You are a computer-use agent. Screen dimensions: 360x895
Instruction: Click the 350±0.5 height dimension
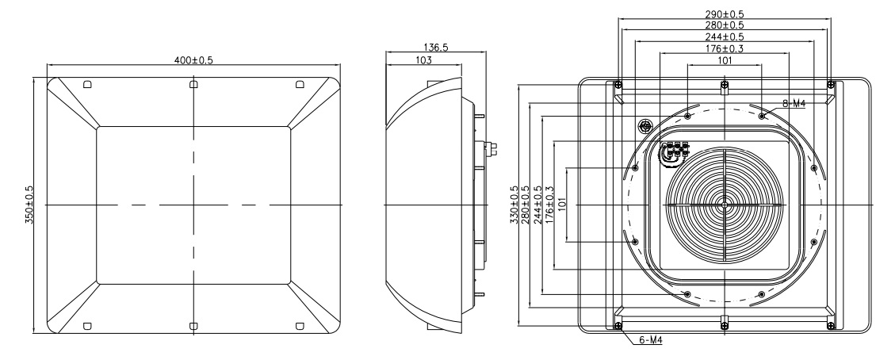[x=29, y=205]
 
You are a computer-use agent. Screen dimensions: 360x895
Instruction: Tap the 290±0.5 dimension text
[x=725, y=14]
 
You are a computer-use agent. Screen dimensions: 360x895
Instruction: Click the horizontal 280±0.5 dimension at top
[x=725, y=25]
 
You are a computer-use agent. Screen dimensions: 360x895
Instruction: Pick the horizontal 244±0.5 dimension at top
[x=725, y=36]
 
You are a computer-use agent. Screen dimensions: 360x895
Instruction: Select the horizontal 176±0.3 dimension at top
[x=725, y=48]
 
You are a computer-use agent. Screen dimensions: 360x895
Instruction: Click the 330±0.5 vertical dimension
[x=514, y=205]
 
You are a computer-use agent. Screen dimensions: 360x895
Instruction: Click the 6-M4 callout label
[x=651, y=340]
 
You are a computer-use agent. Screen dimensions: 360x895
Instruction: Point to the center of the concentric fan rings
[x=724, y=204]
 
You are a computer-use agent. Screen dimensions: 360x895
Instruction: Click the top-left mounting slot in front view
[x=87, y=84]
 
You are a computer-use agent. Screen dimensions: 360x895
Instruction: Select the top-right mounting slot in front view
[x=299, y=84]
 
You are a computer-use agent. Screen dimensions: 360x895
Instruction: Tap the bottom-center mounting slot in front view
[x=193, y=324]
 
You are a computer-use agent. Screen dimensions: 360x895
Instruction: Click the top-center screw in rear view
[x=724, y=85]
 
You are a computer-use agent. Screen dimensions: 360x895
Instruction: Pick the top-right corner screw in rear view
[x=829, y=85]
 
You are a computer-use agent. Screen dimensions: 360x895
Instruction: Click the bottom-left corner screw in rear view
[x=618, y=325]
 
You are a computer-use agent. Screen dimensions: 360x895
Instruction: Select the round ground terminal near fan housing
[x=645, y=125]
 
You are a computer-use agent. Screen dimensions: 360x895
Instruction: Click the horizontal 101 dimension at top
[x=725, y=59]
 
